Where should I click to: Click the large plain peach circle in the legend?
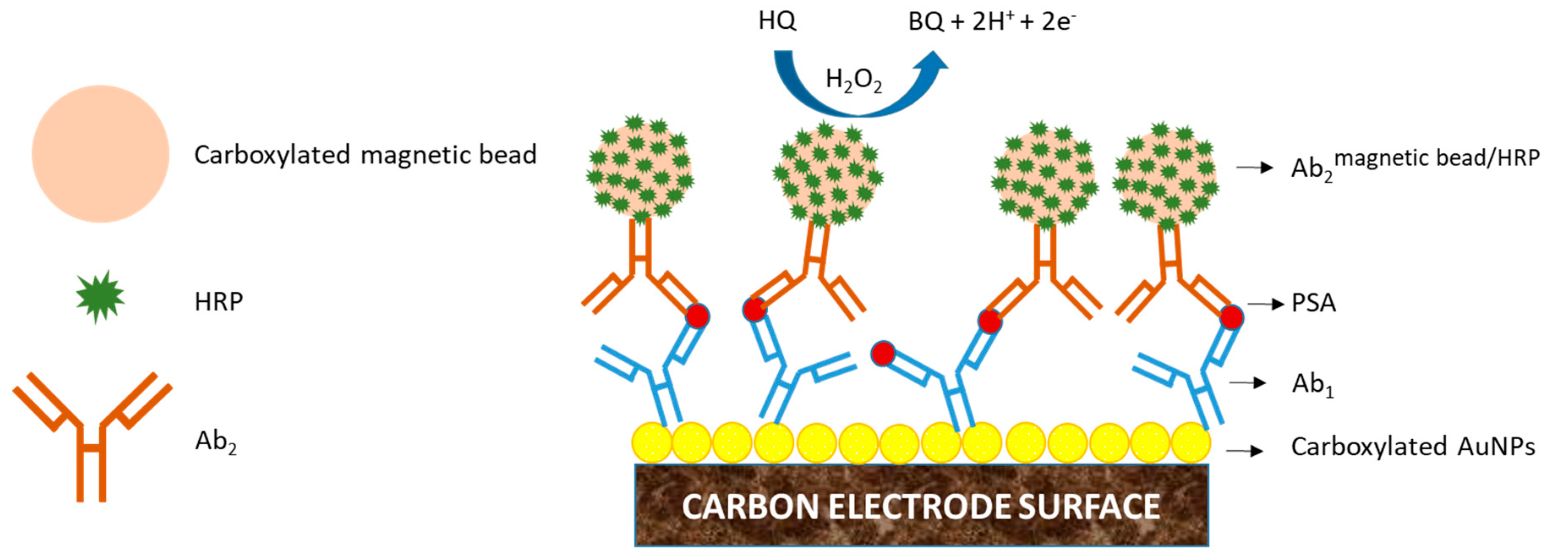pos(101,154)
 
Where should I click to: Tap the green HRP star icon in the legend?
pos(100,297)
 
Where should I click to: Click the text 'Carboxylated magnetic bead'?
pos(365,155)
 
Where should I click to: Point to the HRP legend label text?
pos(219,301)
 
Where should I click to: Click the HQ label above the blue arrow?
pos(777,21)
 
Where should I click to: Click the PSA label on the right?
pos(1314,303)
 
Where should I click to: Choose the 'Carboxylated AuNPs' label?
pos(1412,447)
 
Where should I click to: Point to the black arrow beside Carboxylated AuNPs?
pos(1245,450)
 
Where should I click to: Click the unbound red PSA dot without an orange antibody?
pos(883,354)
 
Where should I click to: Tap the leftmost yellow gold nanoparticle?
pos(651,443)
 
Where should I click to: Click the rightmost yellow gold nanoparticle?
pos(1191,443)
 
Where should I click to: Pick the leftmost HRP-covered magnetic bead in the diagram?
pos(640,167)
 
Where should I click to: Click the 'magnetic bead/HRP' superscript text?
pos(1436,158)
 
